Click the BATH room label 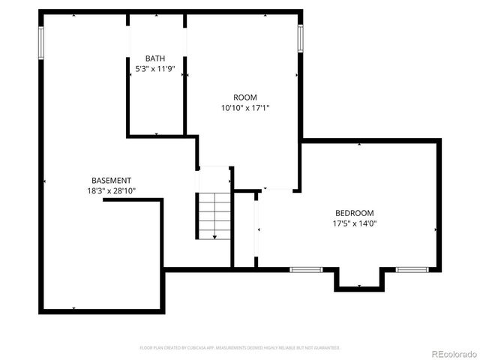click(x=155, y=58)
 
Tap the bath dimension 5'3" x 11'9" click(x=155, y=68)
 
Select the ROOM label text click(x=244, y=97)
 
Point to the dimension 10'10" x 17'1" click(x=244, y=108)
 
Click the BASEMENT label click(x=111, y=181)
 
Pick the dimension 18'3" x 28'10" click(x=111, y=191)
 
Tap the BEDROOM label click(x=354, y=213)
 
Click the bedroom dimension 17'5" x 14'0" click(x=354, y=223)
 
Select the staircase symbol click(x=214, y=216)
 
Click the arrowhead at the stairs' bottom click(x=214, y=237)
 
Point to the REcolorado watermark click(x=451, y=352)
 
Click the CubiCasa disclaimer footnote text click(x=240, y=348)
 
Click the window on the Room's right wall click(x=300, y=37)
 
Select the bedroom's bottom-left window click(x=306, y=268)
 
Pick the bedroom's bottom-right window click(x=412, y=268)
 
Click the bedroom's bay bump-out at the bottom click(x=359, y=279)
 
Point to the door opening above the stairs click(x=214, y=167)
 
